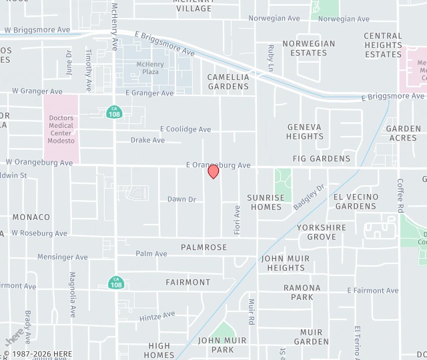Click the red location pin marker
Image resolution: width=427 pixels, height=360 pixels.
[213, 171]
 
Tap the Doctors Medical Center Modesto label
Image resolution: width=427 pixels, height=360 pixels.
[61, 130]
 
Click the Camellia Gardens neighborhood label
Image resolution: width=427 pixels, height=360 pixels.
[228, 81]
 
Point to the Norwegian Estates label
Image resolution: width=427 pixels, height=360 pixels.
[308, 48]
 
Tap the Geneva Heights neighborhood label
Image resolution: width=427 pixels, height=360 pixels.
[305, 131]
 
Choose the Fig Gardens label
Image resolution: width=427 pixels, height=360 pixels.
[321, 159]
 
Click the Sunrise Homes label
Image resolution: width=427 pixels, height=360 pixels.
[266, 202]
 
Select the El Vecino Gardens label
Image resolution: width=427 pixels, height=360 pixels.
[356, 201]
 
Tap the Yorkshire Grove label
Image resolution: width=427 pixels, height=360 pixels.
[322, 232]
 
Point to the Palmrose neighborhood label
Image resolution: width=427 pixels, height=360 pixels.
[203, 247]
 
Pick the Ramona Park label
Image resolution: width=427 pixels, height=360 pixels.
[302, 292]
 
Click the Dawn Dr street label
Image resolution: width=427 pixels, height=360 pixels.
[181, 199]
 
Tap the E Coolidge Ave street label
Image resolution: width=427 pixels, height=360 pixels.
[185, 129]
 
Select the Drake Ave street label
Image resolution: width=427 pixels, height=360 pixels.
[147, 141]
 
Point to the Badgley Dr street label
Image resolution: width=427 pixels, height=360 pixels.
[308, 197]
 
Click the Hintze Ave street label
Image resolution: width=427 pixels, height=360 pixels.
[157, 316]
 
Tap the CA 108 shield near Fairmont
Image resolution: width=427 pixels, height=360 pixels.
[116, 283]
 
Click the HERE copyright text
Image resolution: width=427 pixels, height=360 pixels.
[39, 355]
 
